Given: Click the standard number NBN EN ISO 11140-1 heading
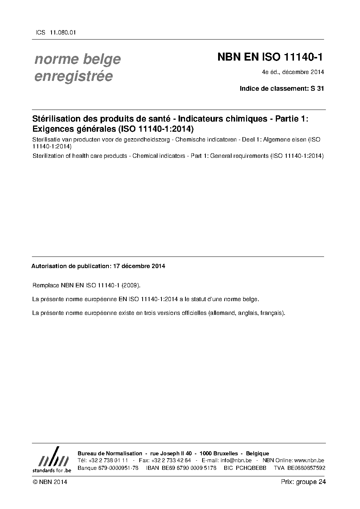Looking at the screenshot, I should coord(270,57).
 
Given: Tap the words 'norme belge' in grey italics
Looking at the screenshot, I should coord(77,59).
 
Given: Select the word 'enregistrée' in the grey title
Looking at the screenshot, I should coord(73,76).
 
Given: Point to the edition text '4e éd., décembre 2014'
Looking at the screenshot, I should coord(292,72).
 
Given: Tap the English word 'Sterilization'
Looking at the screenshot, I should coord(50,156).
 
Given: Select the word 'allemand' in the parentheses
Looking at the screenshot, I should coord(221,313).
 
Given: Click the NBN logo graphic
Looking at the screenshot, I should coord(52,460).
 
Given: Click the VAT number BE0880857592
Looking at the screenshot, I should coord(306,468).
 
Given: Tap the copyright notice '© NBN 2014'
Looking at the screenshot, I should coord(50,482).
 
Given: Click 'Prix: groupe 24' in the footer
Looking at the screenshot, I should coord(303,482).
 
